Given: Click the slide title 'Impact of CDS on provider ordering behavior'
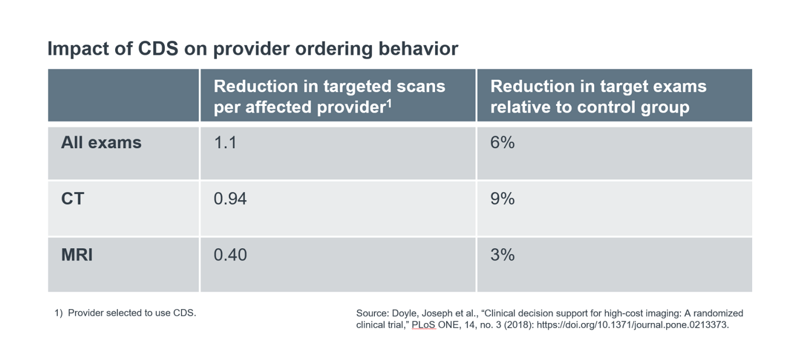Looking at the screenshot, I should (252, 49).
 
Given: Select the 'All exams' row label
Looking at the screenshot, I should (101, 142).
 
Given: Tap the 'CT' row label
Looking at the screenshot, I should (72, 199).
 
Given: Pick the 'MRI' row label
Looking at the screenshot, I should (77, 255).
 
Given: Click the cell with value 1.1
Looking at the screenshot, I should (225, 142).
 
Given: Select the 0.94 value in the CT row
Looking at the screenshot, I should (230, 199).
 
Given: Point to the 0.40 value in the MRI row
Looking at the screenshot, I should (230, 255).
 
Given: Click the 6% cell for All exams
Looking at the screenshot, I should (502, 142).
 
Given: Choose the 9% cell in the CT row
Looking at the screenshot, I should (502, 199).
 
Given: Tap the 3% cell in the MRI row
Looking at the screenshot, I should (502, 255).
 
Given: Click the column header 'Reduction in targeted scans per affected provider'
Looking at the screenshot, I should (329, 97).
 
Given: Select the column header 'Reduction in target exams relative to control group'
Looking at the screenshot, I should (598, 97).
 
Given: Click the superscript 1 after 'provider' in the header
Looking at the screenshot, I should (390, 103).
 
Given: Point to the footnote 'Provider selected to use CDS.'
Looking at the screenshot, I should (132, 313).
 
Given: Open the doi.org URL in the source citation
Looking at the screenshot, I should (632, 325).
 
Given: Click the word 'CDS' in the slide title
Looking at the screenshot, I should (159, 49).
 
